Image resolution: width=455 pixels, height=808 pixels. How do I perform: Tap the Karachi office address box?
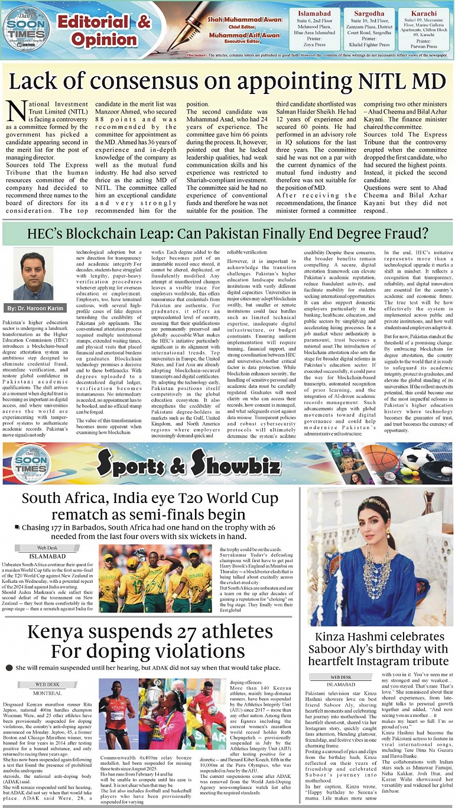coord(423,28)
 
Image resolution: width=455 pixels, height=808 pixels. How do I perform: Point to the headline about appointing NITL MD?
coord(227,79)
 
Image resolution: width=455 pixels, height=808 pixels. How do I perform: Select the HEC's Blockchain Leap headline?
coord(226,233)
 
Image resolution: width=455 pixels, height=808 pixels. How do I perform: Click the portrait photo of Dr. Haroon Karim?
coord(33,274)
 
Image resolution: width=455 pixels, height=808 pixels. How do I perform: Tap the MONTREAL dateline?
coord(47,693)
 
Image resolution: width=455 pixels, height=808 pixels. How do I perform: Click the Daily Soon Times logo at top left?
coord(19,27)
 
